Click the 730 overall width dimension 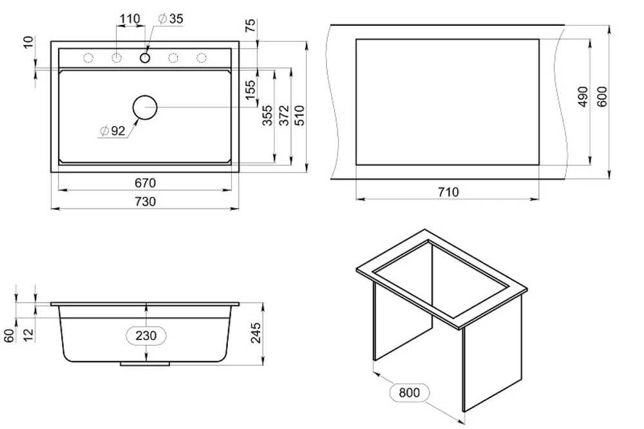pyautogui.click(x=145, y=202)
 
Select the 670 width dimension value pyautogui.click(x=145, y=184)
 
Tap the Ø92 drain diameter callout pyautogui.click(x=113, y=131)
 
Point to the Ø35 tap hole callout pyautogui.click(x=170, y=19)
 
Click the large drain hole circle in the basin pyautogui.click(x=145, y=107)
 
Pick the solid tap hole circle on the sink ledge pyautogui.click(x=145, y=59)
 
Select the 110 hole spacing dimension pyautogui.click(x=130, y=19)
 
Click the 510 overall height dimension pyautogui.click(x=299, y=117)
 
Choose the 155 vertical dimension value pyautogui.click(x=251, y=84)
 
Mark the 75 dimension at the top pyautogui.click(x=251, y=25)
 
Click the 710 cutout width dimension pyautogui.click(x=448, y=192)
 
